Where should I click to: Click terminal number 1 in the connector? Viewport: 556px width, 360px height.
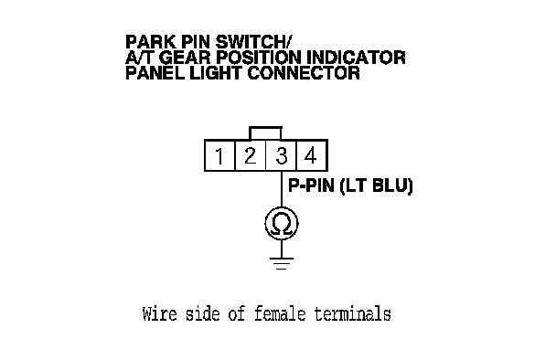click(219, 155)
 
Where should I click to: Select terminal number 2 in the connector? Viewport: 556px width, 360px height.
click(251, 155)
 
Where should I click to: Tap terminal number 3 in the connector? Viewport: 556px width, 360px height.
click(281, 155)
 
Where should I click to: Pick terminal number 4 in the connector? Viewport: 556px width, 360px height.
click(311, 155)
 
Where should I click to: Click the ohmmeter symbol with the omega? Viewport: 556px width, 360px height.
click(282, 224)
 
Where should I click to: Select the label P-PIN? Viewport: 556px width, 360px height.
click(311, 185)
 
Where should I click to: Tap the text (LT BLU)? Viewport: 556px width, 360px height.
click(376, 185)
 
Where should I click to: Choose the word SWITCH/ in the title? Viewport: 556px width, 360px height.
click(253, 42)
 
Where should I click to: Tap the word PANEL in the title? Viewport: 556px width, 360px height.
click(155, 73)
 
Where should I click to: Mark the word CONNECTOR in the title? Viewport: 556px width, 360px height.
click(304, 73)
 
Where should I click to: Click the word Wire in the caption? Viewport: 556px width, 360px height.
click(159, 314)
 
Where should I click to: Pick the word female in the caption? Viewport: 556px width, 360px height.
click(280, 314)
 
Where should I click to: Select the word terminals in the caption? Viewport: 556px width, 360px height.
click(352, 314)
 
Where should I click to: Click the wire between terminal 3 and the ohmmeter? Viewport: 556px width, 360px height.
click(282, 189)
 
